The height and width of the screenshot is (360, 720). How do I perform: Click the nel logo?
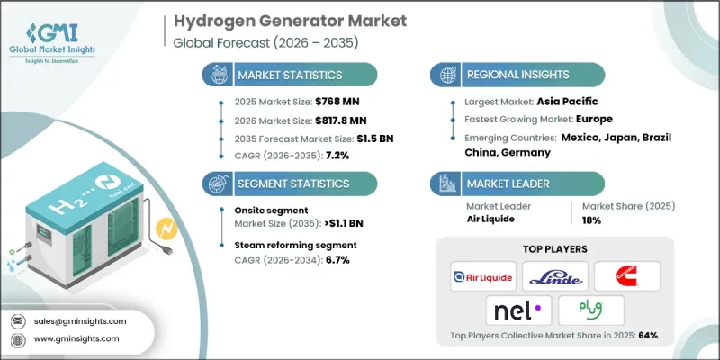(517, 311)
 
